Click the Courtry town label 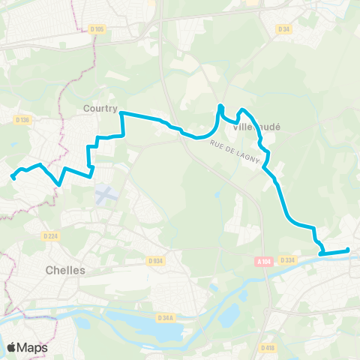pyautogui.click(x=100, y=108)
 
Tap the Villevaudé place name pyautogui.click(x=256, y=127)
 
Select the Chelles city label pyautogui.click(x=65, y=270)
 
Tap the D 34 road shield pyautogui.click(x=283, y=29)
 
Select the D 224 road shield pyautogui.click(x=50, y=235)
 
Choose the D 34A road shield pyautogui.click(x=166, y=318)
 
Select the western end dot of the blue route pyautogui.click(x=13, y=177)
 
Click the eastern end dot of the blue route pyautogui.click(x=348, y=250)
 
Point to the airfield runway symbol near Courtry pyautogui.click(x=105, y=194)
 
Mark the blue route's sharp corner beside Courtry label pyautogui.click(x=121, y=113)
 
